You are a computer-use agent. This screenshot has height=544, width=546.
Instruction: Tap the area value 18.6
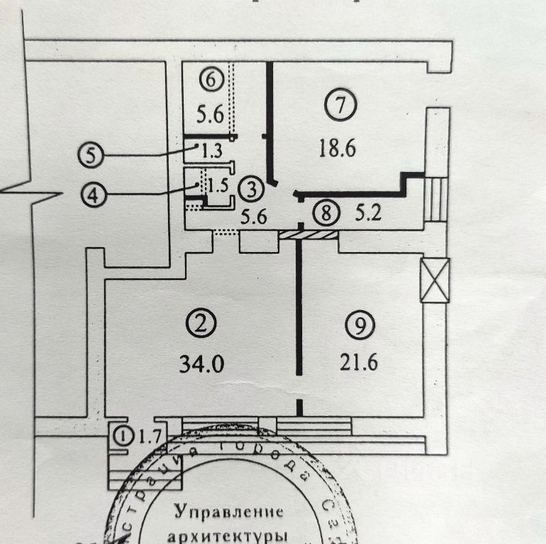pos(337,149)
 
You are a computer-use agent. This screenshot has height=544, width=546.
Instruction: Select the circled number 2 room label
pos(201,325)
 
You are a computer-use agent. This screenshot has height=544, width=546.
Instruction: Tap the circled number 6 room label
pos(210,80)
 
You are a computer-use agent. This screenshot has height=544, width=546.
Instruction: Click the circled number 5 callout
pos(91,154)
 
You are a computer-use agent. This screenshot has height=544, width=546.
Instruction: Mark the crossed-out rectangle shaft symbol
pos(435,280)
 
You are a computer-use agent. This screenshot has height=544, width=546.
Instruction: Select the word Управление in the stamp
pos(228,511)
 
